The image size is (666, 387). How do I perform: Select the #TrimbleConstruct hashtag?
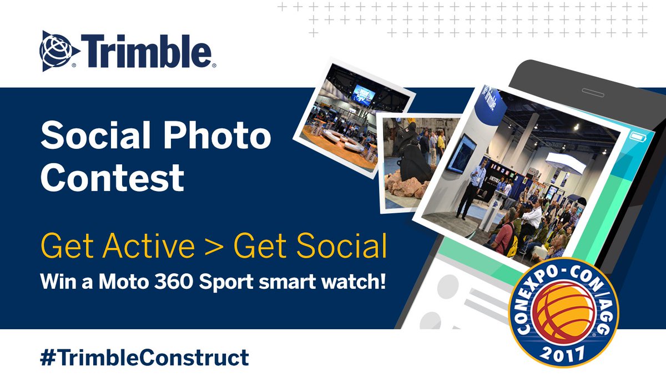(x=145, y=357)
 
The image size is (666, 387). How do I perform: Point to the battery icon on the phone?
(x=636, y=135)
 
